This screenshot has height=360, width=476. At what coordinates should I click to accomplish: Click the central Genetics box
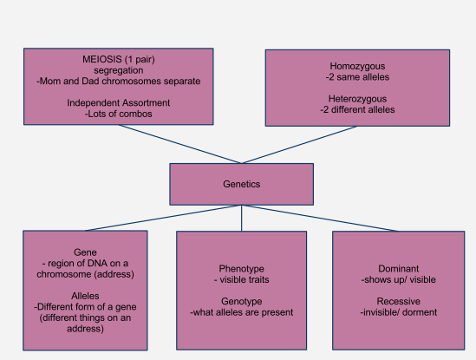tap(241, 185)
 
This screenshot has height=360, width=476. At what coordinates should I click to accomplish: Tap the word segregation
tap(118, 69)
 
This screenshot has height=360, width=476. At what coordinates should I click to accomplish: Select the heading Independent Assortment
tap(118, 103)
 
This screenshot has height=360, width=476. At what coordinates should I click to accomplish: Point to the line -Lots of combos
tap(118, 115)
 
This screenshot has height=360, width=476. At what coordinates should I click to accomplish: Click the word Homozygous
tap(357, 66)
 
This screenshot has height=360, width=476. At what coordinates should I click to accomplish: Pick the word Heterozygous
tap(357, 99)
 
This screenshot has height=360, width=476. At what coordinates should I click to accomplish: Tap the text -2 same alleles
tap(357, 77)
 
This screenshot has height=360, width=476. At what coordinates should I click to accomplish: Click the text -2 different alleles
tap(357, 110)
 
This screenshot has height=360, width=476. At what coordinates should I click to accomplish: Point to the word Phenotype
tap(241, 268)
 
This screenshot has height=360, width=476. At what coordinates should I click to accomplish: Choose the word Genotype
tap(241, 301)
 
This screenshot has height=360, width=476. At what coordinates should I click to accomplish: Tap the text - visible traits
tap(241, 279)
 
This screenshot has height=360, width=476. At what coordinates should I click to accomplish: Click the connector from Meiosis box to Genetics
tap(179, 144)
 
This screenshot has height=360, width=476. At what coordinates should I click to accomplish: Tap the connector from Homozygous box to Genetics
tap(300, 145)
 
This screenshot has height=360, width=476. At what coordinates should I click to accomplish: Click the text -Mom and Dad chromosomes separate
tap(118, 81)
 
